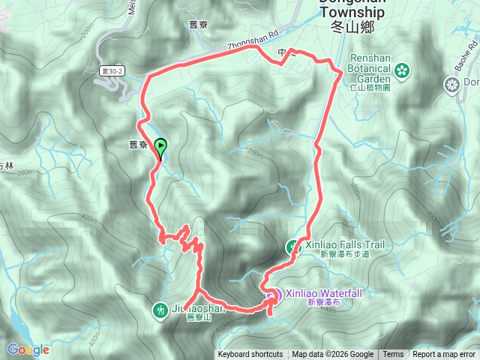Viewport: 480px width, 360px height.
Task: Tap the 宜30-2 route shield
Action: (x=113, y=70)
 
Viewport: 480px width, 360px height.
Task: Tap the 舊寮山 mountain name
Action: (x=201, y=316)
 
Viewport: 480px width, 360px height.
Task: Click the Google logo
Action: (x=28, y=349)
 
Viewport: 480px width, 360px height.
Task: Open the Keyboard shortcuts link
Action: (x=250, y=355)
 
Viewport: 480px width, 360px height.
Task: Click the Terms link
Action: (x=393, y=355)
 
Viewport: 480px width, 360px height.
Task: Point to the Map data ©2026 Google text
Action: (x=333, y=355)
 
